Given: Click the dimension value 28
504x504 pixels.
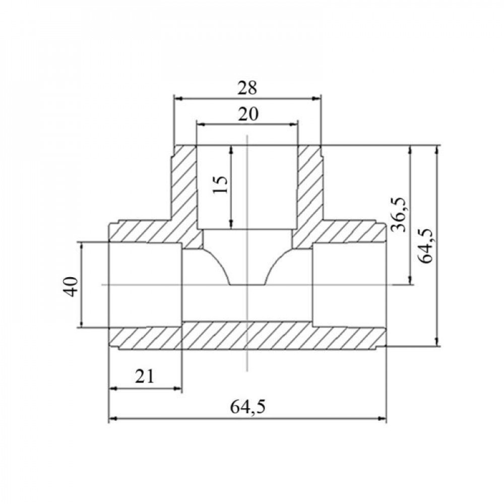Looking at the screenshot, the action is pos(247,88).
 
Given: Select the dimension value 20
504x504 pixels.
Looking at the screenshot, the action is pos(248,114).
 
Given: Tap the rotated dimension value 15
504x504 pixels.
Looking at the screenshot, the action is pos(221,184).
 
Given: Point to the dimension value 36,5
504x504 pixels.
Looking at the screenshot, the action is pos(400,215).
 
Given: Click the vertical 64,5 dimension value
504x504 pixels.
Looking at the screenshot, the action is pos(426,246).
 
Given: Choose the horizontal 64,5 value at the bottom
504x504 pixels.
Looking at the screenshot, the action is pos(248,407).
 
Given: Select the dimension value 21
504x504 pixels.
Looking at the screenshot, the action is pos(145,376).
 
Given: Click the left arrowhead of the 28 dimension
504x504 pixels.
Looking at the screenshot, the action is pos(178,99).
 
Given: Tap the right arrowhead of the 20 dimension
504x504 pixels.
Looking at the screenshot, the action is pos(293,124).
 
